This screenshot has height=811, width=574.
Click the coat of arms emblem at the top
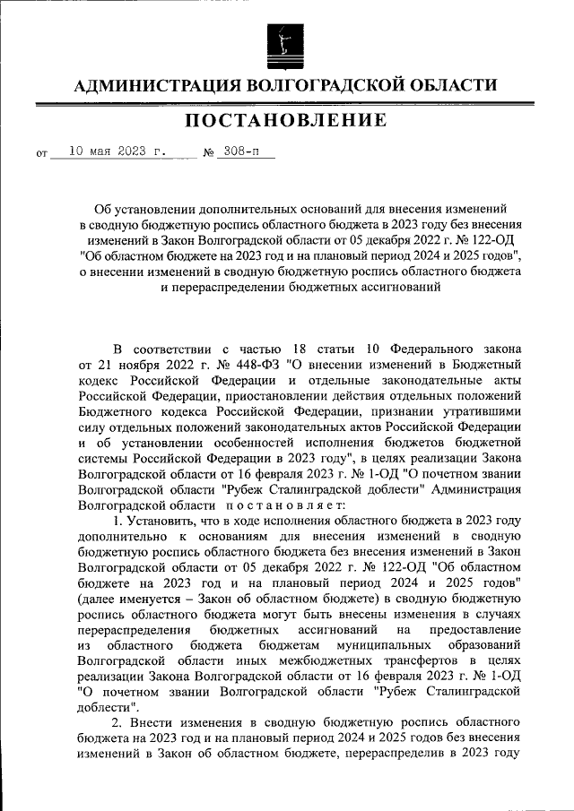[x=286, y=42]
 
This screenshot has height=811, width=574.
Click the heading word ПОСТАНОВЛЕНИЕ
[x=286, y=120]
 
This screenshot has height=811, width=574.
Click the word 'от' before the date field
[x=41, y=153]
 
